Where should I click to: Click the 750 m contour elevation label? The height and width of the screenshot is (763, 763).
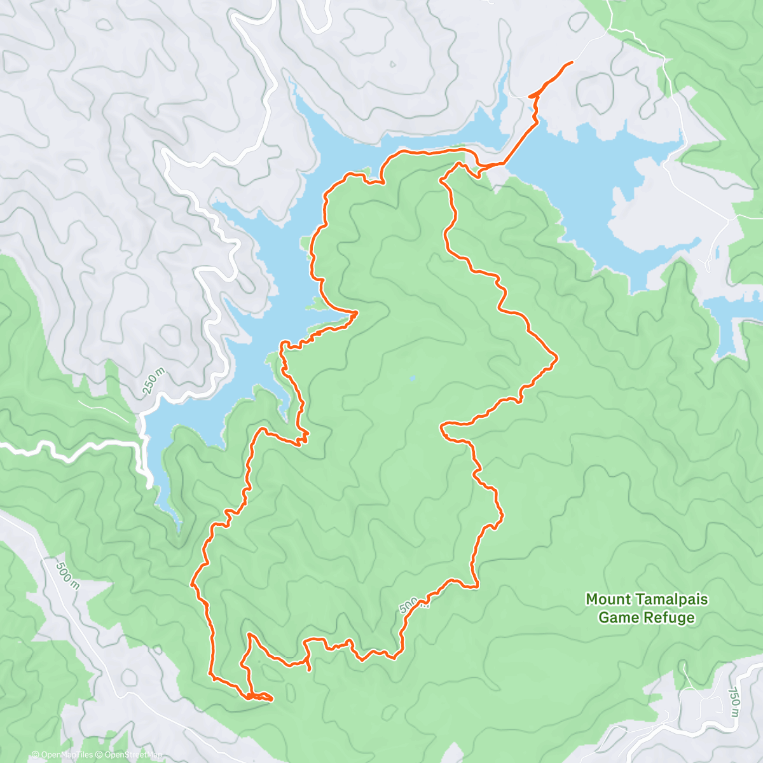tap(734, 701)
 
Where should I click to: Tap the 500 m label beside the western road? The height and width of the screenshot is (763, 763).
tap(67, 575)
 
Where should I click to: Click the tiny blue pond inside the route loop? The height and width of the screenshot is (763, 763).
tap(413, 378)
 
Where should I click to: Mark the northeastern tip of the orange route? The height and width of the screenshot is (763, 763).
tap(572, 62)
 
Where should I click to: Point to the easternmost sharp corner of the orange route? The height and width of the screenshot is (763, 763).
tap(557, 359)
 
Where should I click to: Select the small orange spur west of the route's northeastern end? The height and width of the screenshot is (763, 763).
tap(531, 97)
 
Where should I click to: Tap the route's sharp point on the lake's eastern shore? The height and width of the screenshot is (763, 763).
tap(357, 312)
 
